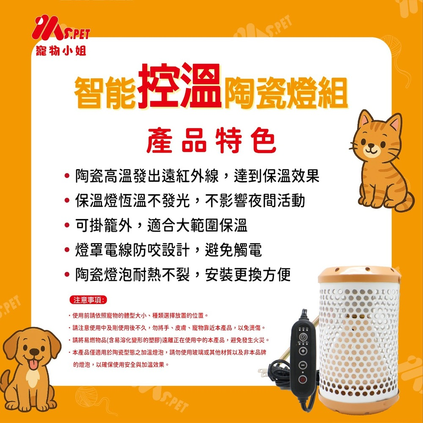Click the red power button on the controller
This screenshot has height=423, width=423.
[x=302, y=379]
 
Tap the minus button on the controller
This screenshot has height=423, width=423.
[x=303, y=365]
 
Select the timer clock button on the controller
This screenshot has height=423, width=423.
[x=303, y=337]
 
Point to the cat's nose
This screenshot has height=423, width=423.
[x=371, y=146]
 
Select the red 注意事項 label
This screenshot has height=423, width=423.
[x=88, y=300]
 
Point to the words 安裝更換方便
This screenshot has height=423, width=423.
[x=247, y=275]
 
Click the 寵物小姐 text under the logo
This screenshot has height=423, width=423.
[x=61, y=50]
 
